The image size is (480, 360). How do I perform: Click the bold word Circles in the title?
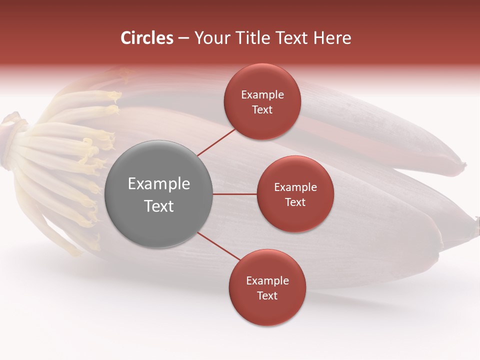[x=146, y=38]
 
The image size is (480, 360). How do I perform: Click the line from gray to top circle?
[x=217, y=142]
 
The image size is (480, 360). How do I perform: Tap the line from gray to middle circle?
[x=235, y=194]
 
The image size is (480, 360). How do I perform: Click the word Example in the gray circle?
[x=159, y=184]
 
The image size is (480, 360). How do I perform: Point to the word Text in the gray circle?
[x=159, y=206]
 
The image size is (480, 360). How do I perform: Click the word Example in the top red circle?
[x=262, y=95]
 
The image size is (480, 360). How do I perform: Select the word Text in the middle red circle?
[x=295, y=202]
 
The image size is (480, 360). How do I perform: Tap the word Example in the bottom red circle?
[x=267, y=281]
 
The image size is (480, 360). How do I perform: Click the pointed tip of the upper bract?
[x=462, y=164]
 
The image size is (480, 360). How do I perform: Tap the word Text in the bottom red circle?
[x=267, y=296]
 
